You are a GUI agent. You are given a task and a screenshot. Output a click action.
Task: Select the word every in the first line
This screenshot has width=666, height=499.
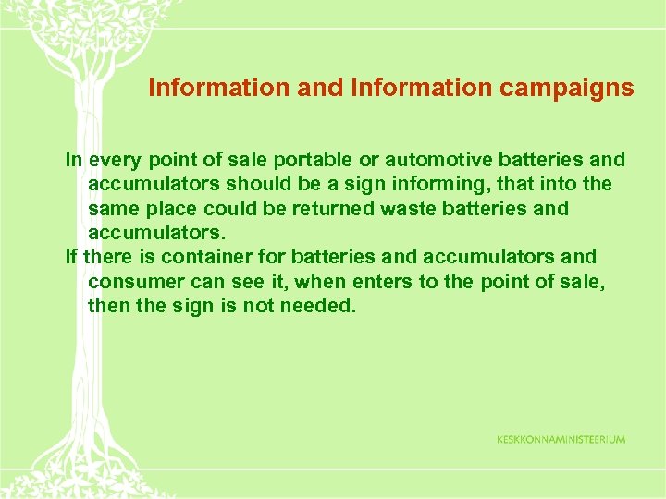tap(112, 160)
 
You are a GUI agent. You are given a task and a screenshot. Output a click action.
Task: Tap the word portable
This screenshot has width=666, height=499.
tap(279, 160)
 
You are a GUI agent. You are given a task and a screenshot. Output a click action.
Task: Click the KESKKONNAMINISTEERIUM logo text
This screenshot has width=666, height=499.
tap(561, 439)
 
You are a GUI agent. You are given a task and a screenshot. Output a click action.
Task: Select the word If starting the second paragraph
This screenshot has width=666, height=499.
tap(71, 257)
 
